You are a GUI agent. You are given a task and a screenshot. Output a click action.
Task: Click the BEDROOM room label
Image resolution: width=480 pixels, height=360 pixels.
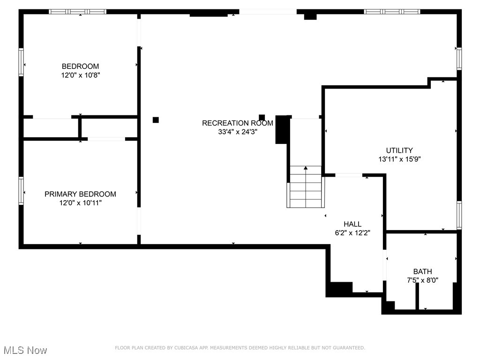click(x=80, y=66)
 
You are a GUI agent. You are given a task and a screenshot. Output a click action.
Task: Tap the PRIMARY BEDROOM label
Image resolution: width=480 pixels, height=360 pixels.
click(x=80, y=194)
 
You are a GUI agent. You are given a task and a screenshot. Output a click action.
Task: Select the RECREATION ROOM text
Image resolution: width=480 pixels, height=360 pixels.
click(x=237, y=123)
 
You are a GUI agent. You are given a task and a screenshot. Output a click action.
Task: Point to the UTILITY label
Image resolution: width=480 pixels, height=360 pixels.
click(x=399, y=150)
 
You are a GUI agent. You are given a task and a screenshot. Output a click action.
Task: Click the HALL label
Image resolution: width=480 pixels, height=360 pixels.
click(x=352, y=224)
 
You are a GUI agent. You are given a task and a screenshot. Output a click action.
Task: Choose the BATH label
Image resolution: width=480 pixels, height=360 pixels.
click(x=422, y=271)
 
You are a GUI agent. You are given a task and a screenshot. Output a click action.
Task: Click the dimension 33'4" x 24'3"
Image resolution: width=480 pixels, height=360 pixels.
click(x=237, y=132)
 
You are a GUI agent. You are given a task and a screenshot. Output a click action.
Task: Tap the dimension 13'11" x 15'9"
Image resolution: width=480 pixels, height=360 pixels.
click(x=399, y=159)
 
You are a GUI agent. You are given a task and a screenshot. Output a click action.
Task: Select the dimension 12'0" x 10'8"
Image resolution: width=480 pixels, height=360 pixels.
click(x=80, y=75)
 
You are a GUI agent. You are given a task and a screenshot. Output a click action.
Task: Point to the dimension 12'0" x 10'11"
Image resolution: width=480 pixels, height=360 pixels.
click(x=80, y=202)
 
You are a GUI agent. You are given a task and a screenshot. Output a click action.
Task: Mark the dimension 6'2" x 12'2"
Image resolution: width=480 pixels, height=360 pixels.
click(x=352, y=232)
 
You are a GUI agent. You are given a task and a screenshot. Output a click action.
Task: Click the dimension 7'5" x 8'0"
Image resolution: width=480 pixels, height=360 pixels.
click(x=422, y=280)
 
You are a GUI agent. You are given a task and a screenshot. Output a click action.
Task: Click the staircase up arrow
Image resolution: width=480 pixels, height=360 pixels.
click(x=306, y=168)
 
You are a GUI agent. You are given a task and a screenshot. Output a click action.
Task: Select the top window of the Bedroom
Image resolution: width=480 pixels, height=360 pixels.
click(x=78, y=11)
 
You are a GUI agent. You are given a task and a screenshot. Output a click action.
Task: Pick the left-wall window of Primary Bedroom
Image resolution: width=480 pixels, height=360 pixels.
click(x=21, y=190)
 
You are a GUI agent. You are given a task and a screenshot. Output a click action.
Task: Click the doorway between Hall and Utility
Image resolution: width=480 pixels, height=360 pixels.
click(x=349, y=175)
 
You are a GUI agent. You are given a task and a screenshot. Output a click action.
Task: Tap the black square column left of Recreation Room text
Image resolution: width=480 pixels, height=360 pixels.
click(x=156, y=120)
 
